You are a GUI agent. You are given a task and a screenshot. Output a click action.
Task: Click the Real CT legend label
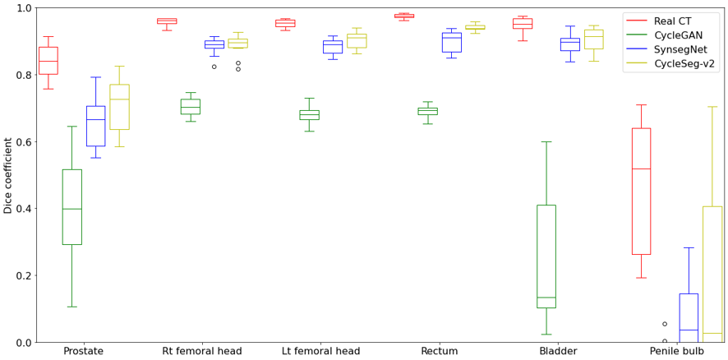(678, 21)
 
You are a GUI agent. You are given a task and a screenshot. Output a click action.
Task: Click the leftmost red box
(48, 60)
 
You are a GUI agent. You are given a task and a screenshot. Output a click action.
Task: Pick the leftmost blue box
(95, 126)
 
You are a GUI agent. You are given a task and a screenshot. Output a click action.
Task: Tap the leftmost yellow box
(119, 107)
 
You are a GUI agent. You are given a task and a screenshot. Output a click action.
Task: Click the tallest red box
(641, 191)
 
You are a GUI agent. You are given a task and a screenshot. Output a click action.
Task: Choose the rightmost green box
(546, 256)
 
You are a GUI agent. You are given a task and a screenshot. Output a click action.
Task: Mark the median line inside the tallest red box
(641, 168)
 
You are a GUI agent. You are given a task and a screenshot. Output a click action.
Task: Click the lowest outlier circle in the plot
(665, 341)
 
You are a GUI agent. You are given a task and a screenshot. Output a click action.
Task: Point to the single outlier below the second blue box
(214, 67)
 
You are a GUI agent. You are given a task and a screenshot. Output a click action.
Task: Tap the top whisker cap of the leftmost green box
(71, 127)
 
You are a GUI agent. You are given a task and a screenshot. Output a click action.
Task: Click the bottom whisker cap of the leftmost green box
(71, 307)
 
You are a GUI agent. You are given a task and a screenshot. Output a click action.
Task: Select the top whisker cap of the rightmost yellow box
(712, 107)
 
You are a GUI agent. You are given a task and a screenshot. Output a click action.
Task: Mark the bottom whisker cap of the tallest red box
(641, 278)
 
